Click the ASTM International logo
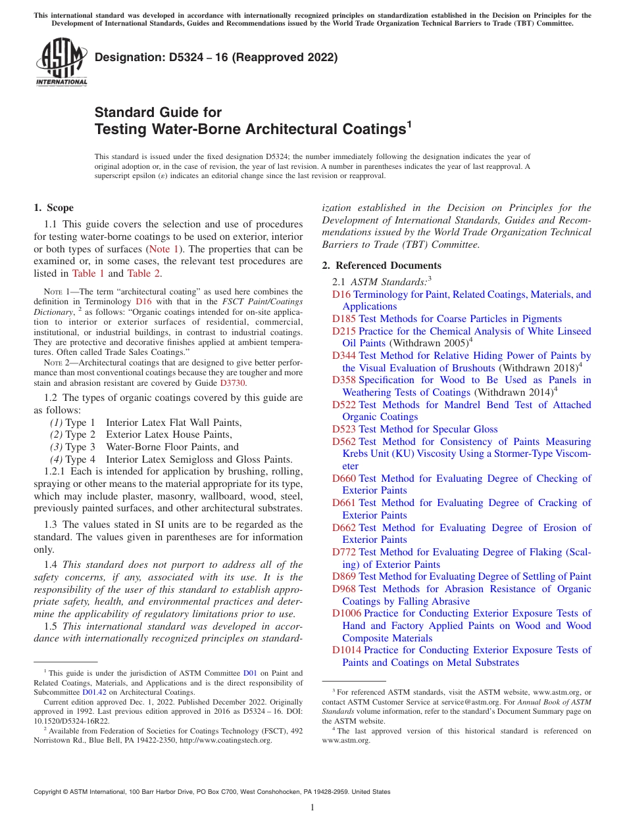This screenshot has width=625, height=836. tap(61, 63)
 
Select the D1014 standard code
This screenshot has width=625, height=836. tap(347, 650)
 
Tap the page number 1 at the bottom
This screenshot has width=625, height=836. tap(312, 807)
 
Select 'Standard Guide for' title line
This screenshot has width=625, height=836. tap(158, 112)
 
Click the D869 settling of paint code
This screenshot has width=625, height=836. tap(344, 576)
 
